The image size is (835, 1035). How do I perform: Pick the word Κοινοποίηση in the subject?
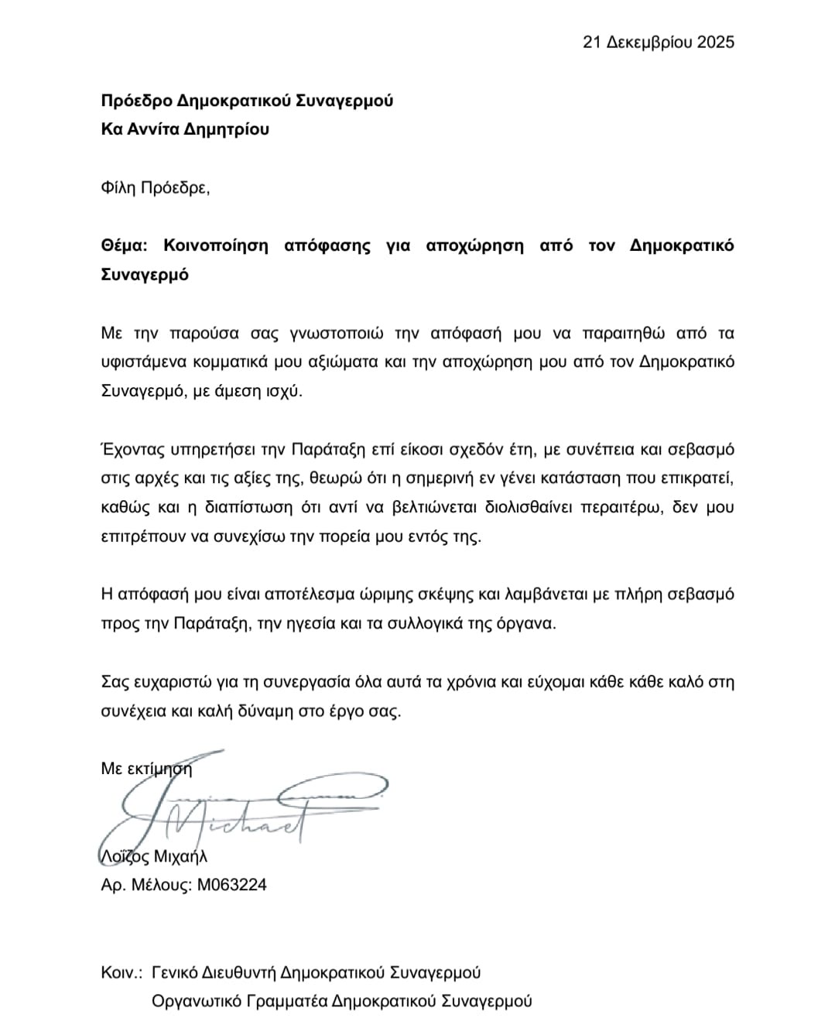point(216,245)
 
